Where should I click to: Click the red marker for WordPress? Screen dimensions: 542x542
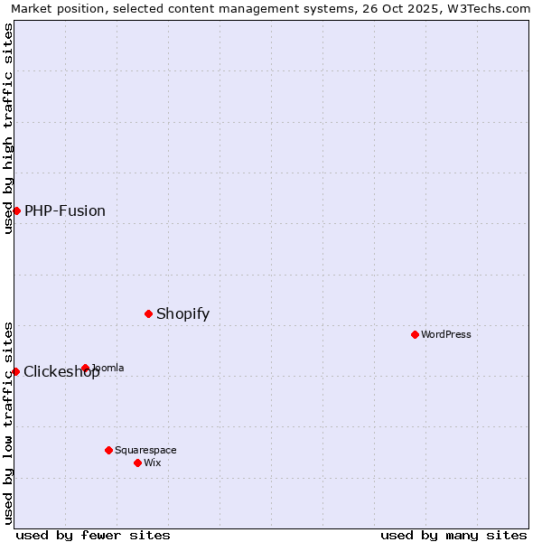click(x=415, y=334)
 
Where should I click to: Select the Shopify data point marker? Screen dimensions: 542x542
click(x=149, y=313)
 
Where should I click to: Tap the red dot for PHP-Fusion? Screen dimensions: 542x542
click(x=16, y=210)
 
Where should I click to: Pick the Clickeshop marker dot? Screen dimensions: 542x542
click(x=15, y=371)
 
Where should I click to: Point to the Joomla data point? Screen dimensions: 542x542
click(x=85, y=368)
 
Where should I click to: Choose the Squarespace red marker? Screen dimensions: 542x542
click(x=108, y=450)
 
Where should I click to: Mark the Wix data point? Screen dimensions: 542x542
click(x=137, y=463)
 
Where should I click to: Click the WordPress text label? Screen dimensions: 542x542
click(x=446, y=334)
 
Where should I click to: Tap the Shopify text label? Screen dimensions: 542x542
click(x=182, y=313)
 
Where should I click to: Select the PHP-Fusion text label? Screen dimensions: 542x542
click(x=65, y=210)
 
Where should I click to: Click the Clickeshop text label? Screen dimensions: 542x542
click(x=61, y=372)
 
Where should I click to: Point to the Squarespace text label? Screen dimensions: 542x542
click(x=145, y=450)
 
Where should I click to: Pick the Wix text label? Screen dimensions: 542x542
click(x=153, y=463)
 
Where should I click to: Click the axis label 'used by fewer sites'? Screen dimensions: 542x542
click(x=93, y=535)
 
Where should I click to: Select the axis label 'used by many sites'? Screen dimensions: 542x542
click(x=453, y=535)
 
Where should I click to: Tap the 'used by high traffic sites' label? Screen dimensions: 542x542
click(x=8, y=128)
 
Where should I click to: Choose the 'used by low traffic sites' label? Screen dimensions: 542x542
click(x=8, y=422)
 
